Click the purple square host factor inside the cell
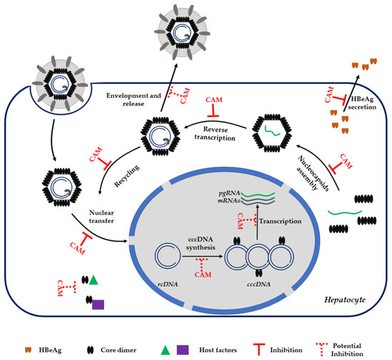tap(98, 304)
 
